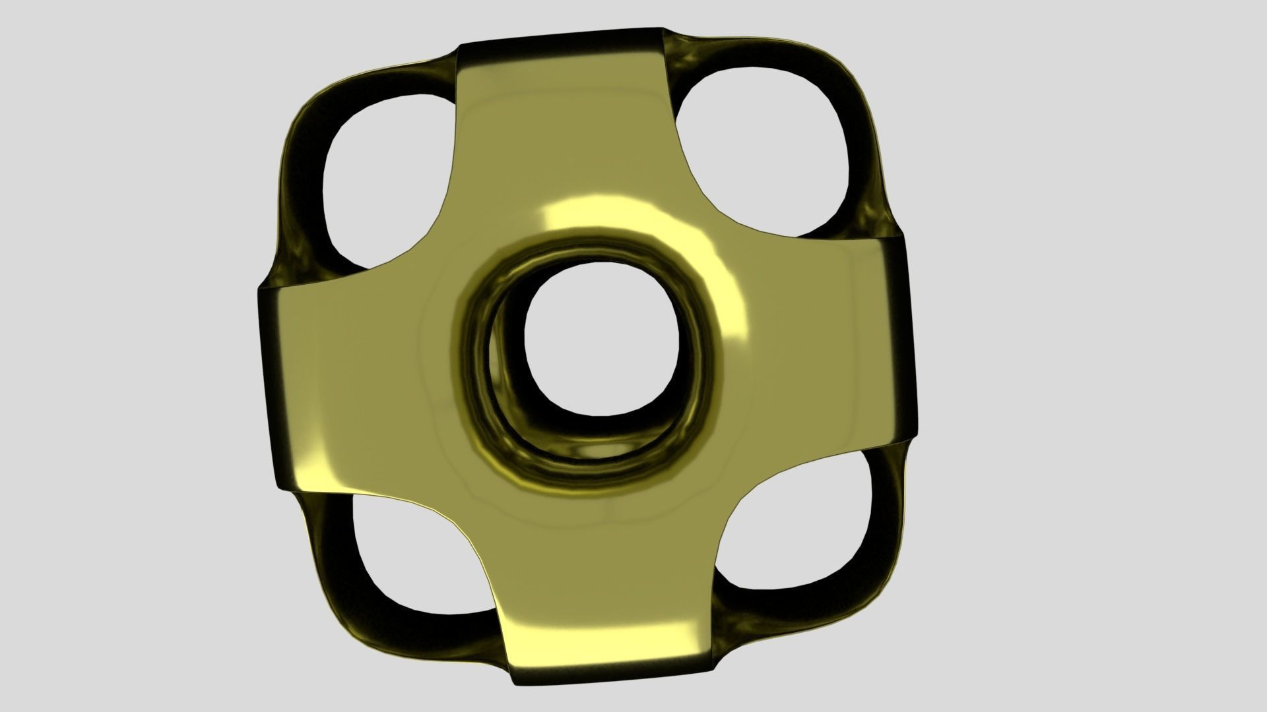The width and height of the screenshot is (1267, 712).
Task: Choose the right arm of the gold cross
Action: tap(831, 343)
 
